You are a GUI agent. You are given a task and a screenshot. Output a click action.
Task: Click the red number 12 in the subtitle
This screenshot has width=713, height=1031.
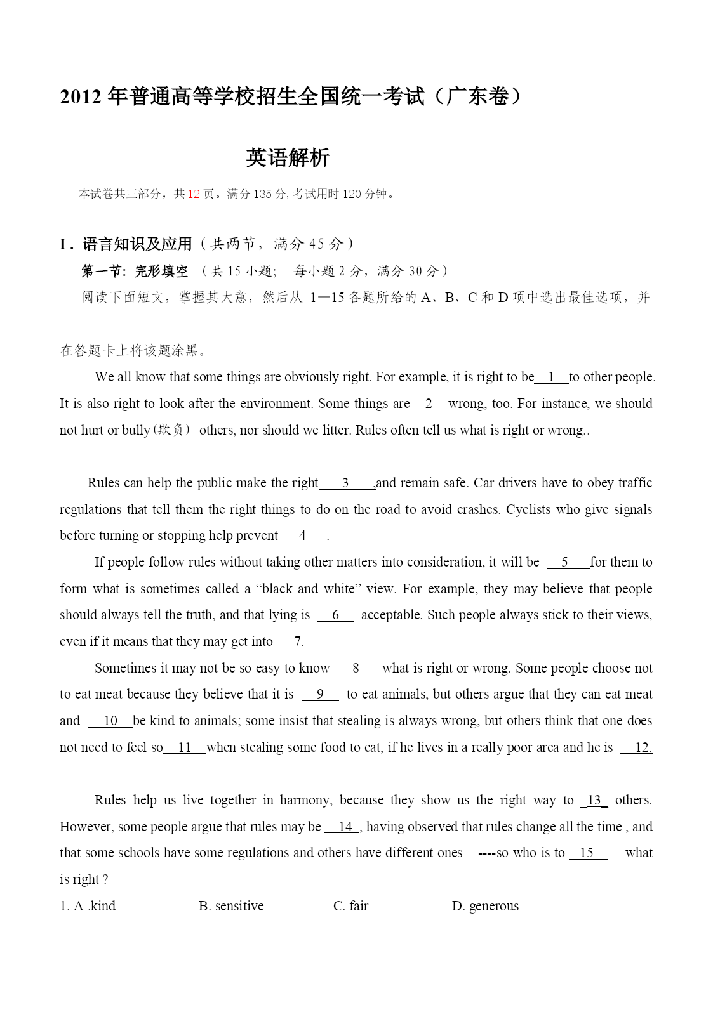tap(194, 194)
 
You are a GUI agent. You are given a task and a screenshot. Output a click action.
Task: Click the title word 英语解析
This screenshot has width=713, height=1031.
tap(288, 158)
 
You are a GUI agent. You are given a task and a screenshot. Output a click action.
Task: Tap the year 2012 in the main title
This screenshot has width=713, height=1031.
tap(81, 97)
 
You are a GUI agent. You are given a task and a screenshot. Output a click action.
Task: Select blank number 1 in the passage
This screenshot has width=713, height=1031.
tap(551, 377)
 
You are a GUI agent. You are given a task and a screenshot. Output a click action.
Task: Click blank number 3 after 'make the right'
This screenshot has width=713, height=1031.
tap(346, 483)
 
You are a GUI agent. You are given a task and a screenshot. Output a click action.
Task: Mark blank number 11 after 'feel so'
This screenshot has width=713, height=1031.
tap(184, 747)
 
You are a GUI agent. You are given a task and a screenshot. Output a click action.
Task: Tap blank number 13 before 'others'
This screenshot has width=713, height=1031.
tap(594, 800)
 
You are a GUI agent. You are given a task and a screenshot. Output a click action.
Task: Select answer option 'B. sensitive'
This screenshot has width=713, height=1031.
tap(231, 906)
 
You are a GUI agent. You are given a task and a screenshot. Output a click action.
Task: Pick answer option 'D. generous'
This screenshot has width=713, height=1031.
tap(485, 906)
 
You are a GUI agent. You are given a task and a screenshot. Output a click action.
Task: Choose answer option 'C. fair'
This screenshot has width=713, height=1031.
tap(350, 906)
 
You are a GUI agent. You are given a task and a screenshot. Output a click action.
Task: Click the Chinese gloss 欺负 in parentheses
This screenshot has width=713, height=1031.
tap(173, 430)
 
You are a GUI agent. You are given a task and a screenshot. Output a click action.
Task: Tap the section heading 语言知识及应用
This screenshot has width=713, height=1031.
tap(137, 244)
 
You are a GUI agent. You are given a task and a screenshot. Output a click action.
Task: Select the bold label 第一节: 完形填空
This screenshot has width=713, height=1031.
tap(135, 272)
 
